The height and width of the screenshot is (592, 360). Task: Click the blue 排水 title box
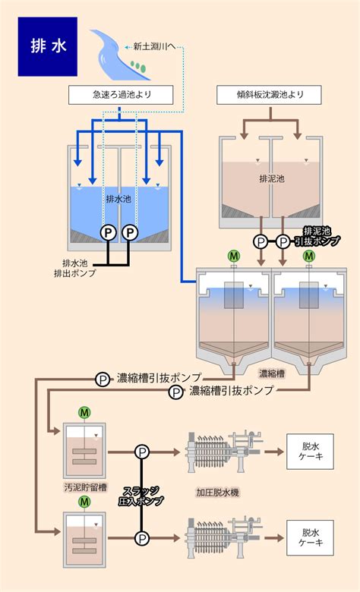48,46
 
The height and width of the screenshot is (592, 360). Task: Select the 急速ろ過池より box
121,95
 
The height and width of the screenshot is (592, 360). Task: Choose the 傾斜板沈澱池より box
269,95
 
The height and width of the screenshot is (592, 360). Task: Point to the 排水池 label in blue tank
118,199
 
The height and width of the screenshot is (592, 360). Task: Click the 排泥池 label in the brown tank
272,178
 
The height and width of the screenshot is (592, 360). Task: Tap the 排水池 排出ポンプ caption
74,268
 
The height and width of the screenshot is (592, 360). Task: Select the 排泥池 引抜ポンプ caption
317,236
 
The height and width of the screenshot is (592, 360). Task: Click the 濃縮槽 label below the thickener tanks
272,373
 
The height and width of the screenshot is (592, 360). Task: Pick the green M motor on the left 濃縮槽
234,256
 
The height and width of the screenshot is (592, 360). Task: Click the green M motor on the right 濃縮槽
309,256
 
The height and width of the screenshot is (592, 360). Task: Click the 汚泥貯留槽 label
85,487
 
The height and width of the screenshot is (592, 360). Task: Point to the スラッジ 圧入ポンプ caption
141,496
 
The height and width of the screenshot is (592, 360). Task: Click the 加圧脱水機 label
217,493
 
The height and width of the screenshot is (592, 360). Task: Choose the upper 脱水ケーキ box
310,452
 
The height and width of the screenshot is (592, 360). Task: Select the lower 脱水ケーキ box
310,537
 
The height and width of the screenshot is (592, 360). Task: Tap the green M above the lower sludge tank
84,502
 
